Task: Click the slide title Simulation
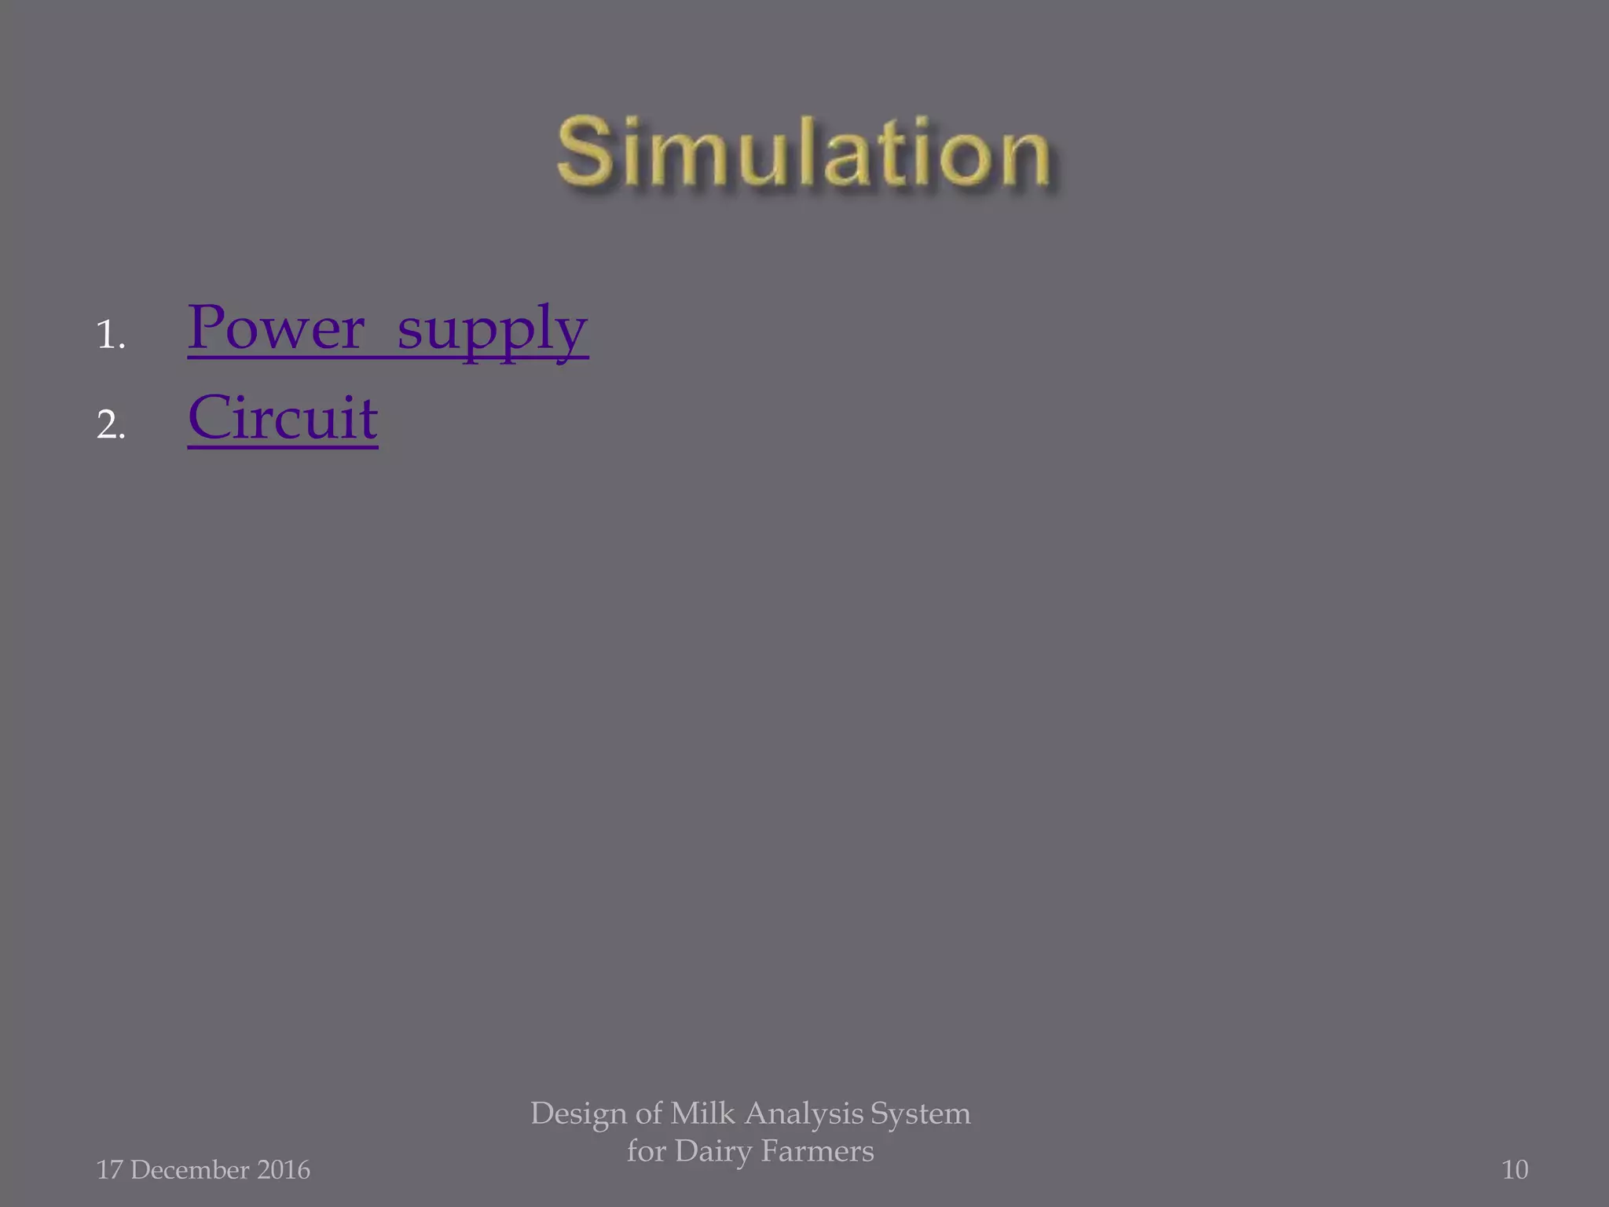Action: (x=803, y=152)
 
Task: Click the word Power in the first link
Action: (x=277, y=328)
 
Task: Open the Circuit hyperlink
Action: (x=283, y=418)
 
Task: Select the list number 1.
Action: (x=110, y=336)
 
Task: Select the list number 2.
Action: (x=111, y=426)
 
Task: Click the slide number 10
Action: (x=1515, y=1170)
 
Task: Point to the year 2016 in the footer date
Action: (x=284, y=1170)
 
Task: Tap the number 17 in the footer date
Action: (x=108, y=1170)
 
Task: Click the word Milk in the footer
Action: (x=702, y=1113)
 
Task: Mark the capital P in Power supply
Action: (x=207, y=327)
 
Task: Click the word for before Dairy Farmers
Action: (x=646, y=1151)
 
